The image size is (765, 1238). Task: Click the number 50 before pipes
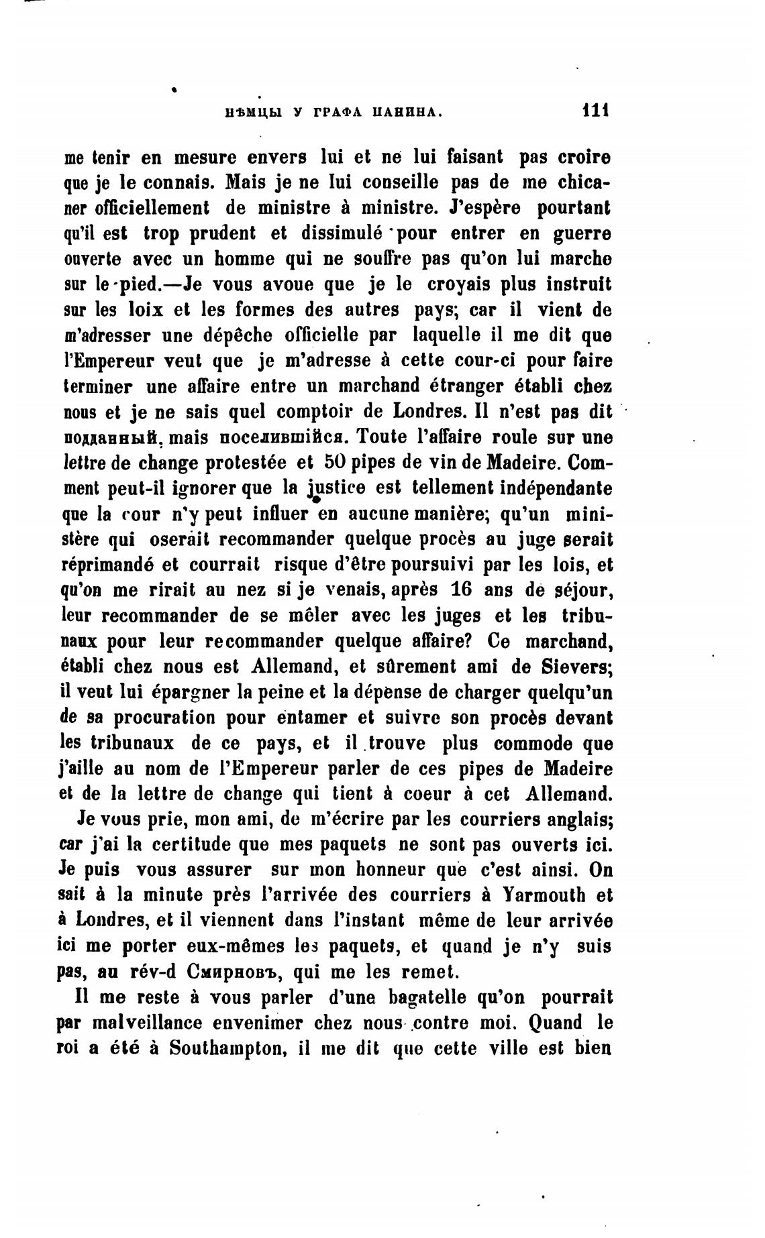[x=336, y=462]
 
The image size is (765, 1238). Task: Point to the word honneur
[x=381, y=869]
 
